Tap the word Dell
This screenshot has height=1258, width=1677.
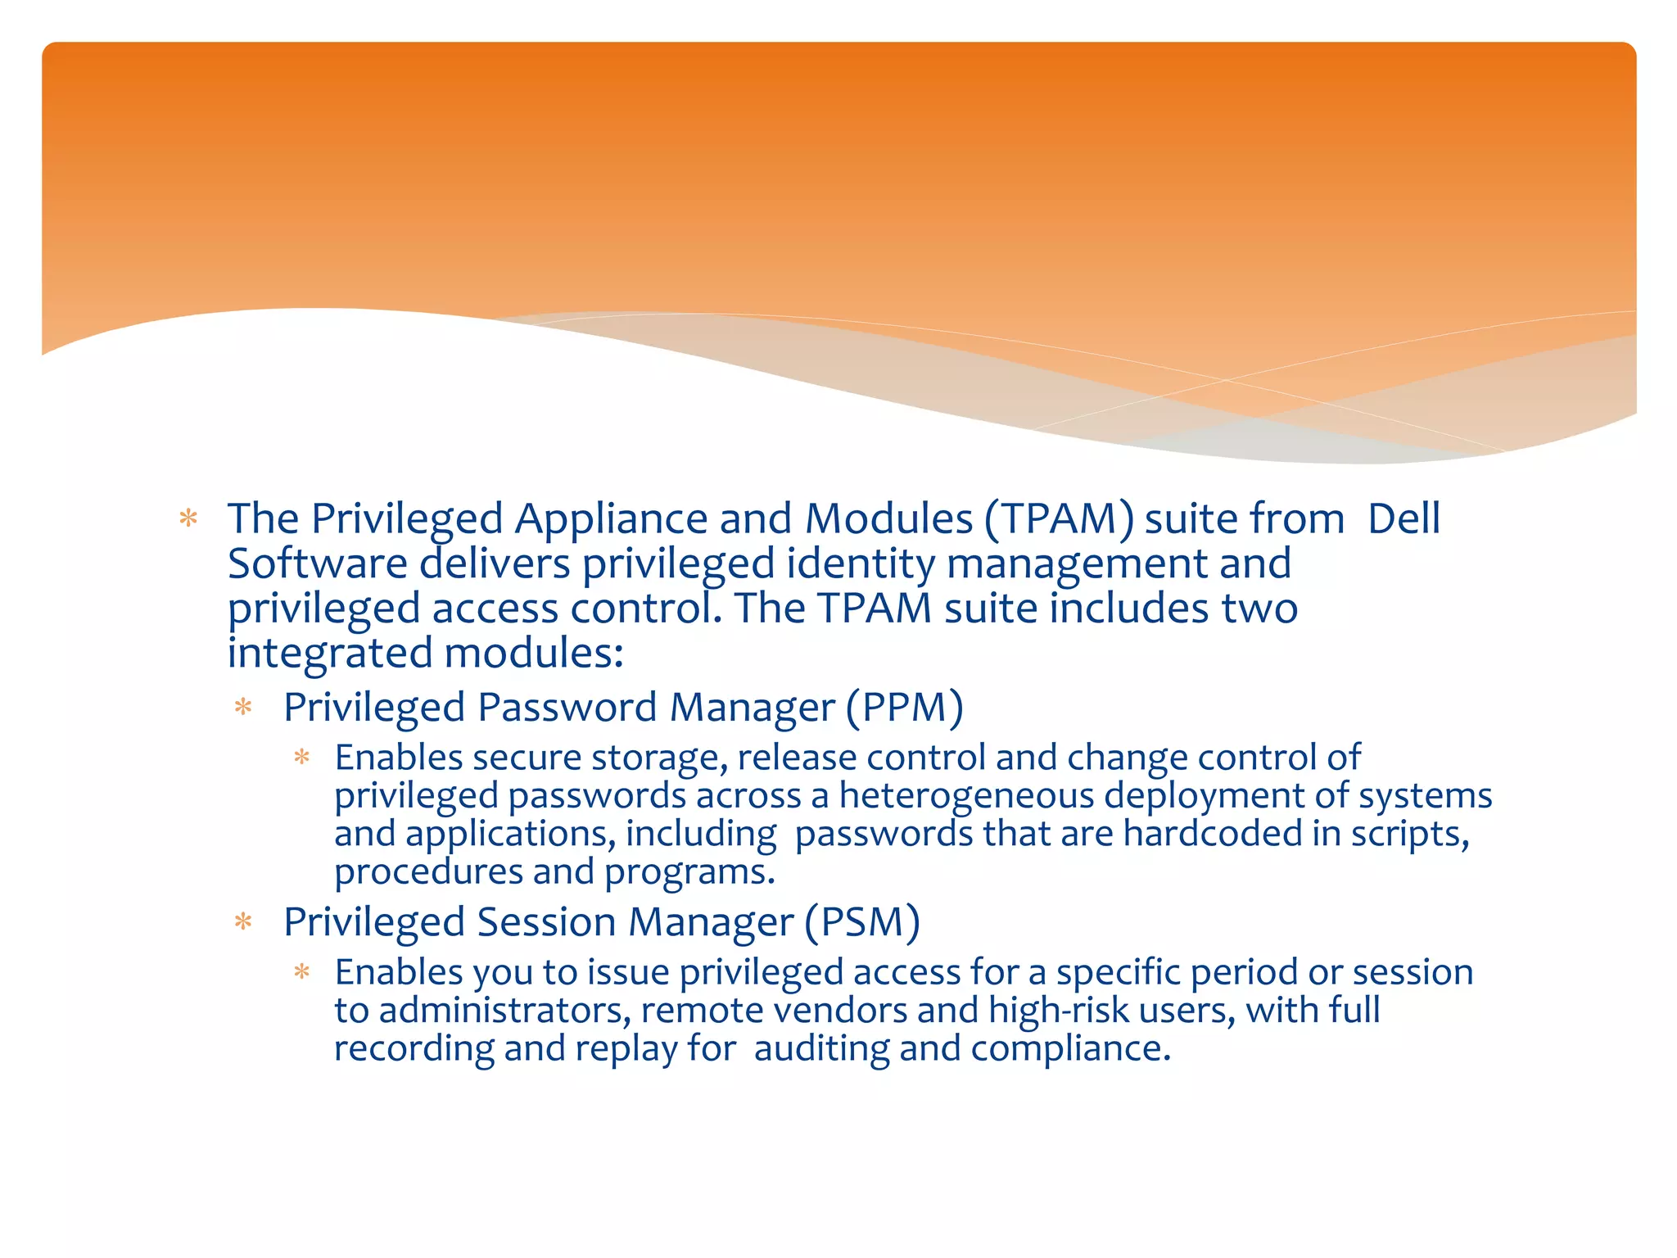[x=1404, y=519]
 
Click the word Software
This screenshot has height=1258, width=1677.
[x=317, y=564]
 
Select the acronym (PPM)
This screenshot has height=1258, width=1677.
[x=905, y=707]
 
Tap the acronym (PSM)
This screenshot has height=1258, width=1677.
[x=862, y=921]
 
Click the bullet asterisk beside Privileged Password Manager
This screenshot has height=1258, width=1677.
[x=243, y=707]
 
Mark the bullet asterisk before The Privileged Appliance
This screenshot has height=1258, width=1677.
[x=189, y=518]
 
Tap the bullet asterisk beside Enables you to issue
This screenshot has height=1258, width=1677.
[x=302, y=972]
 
